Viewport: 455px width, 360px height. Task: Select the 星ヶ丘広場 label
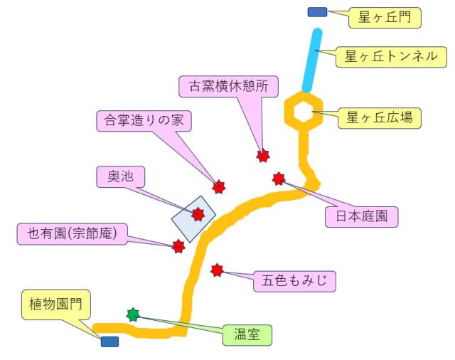click(x=380, y=117)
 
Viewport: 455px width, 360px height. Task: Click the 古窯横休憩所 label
click(x=228, y=86)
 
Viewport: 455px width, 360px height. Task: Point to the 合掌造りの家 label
click(x=144, y=120)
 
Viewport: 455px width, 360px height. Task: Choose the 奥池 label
click(x=121, y=176)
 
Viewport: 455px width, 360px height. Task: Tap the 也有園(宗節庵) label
click(x=72, y=233)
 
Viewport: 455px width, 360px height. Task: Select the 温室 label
click(x=247, y=334)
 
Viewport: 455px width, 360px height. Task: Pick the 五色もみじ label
click(x=294, y=281)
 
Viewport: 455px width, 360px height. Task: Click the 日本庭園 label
click(x=362, y=216)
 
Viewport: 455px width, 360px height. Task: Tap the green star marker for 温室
click(x=133, y=314)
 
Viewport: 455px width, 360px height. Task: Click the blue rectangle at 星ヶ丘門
click(x=317, y=12)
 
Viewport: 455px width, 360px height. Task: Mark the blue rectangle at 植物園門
click(x=109, y=342)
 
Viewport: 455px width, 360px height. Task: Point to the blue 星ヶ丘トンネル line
click(x=313, y=60)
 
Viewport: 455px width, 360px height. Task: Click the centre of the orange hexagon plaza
click(x=304, y=112)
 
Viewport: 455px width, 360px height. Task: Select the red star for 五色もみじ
click(x=217, y=270)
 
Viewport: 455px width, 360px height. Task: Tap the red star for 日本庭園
click(x=279, y=179)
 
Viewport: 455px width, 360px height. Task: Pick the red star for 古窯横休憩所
click(x=264, y=155)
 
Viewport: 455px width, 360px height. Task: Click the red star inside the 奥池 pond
click(x=198, y=215)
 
